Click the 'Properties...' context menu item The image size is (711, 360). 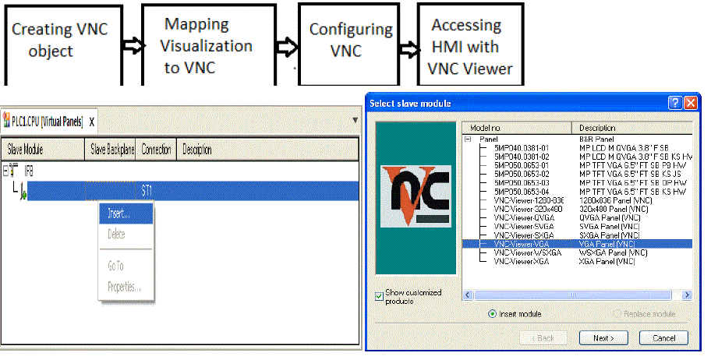[x=124, y=287]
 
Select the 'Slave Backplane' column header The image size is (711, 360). [x=112, y=149]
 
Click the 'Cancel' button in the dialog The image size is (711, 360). [x=663, y=337]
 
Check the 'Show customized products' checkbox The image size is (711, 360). [x=379, y=295]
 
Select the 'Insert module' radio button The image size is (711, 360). [x=492, y=313]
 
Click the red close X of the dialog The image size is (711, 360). [x=689, y=103]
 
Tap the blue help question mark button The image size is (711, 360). [x=674, y=103]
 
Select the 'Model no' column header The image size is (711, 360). [x=515, y=128]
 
